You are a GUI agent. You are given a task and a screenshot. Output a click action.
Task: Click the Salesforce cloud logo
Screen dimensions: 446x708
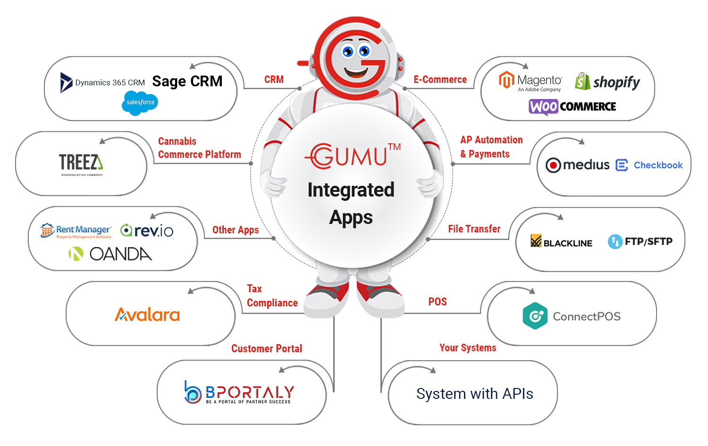140,102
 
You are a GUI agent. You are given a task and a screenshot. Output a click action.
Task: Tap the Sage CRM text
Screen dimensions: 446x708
187,82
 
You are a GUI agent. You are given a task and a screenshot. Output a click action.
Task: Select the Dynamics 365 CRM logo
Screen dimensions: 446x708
103,83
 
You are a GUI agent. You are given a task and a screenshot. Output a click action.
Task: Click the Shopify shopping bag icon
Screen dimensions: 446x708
582,82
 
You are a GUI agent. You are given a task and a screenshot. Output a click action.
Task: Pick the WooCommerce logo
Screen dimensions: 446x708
572,107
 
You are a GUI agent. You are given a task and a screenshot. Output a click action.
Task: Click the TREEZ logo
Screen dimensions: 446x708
81,163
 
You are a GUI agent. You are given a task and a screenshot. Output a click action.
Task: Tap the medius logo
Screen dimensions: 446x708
578,165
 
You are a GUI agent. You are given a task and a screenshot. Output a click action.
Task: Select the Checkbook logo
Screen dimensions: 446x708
649,165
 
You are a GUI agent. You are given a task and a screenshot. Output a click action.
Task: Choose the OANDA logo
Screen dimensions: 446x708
110,254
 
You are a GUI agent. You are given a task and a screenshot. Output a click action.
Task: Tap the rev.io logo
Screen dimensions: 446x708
147,231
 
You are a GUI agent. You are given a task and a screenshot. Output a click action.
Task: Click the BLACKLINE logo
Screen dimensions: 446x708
561,242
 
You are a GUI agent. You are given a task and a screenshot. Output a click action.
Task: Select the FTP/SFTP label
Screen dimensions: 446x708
641,242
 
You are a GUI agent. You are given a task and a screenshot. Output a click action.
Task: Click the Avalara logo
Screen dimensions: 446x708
147,314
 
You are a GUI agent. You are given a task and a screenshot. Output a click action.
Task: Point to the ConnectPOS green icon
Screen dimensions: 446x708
535,316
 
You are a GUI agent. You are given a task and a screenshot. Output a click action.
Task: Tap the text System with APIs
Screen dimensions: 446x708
474,394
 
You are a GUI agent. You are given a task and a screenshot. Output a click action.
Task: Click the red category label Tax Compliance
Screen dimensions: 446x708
272,296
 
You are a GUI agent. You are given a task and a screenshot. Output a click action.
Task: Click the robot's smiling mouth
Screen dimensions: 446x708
356,73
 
